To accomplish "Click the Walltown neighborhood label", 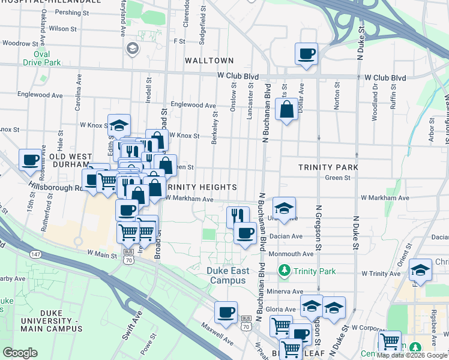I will tap(209, 61).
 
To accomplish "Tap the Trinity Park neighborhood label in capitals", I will tap(329, 167).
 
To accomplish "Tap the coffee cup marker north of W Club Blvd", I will tap(306, 54).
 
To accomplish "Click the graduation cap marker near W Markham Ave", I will tap(284, 208).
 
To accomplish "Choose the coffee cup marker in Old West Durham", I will tap(30, 160).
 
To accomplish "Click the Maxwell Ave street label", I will tap(217, 334).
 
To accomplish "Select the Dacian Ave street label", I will tap(288, 236).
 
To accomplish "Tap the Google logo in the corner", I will tap(20, 353).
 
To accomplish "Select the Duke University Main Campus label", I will tap(61, 320).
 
